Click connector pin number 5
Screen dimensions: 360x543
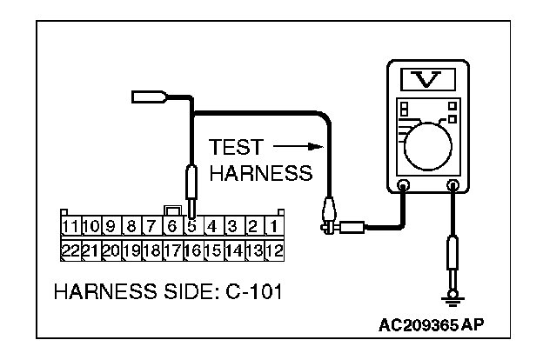point(191,226)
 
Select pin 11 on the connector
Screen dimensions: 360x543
point(70,226)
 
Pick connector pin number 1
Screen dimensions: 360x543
point(273,226)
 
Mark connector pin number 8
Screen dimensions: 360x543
point(131,226)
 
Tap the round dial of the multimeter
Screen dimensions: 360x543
point(429,143)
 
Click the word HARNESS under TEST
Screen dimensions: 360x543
point(261,173)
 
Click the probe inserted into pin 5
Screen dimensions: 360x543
point(191,191)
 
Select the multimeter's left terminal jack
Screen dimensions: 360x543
point(404,185)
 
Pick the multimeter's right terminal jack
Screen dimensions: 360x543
point(452,185)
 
